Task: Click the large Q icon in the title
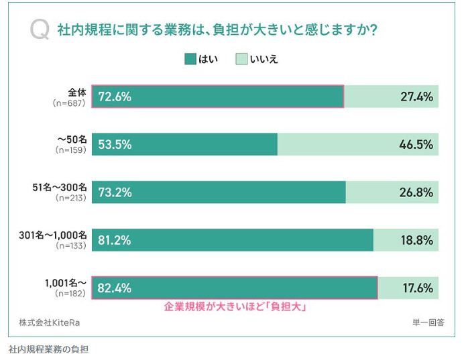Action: pos(40,31)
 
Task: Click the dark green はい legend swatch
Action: pos(190,59)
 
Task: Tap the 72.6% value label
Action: pos(115,97)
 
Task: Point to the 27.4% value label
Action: pos(417,97)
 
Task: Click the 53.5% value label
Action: pos(115,144)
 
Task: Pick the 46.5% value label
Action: pos(417,144)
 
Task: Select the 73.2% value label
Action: pos(115,192)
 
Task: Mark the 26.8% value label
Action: pos(417,192)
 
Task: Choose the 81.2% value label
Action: pos(115,240)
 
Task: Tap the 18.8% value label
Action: pos(417,240)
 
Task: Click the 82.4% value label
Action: pos(115,288)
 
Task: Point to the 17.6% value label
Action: pos(417,288)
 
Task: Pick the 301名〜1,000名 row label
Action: pos(54,235)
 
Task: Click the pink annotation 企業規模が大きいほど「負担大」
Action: pos(235,307)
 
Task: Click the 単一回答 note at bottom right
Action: pos(428,322)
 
